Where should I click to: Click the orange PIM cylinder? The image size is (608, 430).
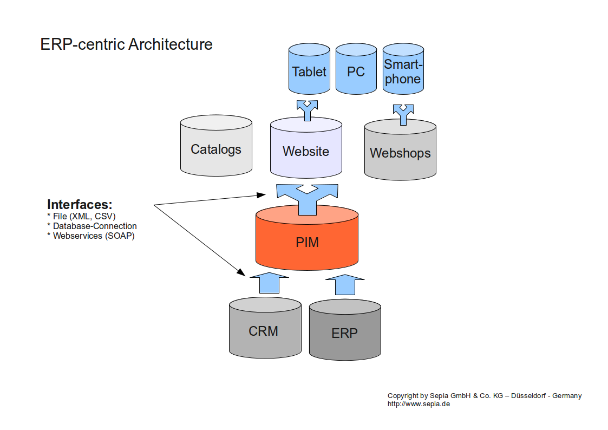coord(307,242)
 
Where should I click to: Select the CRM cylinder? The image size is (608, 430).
coord(265,331)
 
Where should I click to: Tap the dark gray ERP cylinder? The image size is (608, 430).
coord(345,333)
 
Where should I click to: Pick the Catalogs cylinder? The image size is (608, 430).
coord(215,149)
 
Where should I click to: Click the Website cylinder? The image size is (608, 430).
coord(306,151)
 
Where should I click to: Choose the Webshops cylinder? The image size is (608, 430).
coord(400,153)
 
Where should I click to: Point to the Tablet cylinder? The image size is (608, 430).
coord(309,71)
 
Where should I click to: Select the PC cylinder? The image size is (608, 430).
coord(356,71)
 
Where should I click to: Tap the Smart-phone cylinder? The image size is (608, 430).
coord(402,72)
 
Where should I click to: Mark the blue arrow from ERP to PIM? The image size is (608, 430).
coord(344,284)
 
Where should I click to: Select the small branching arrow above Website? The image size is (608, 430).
coord(308,110)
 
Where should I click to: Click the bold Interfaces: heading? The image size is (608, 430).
coord(80,205)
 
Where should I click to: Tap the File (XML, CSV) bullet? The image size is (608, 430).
coord(81,217)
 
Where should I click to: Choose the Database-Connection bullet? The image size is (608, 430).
coord(92,226)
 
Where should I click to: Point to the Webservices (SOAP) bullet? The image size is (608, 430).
coord(91,236)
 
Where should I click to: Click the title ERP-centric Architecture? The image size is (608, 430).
coord(126,44)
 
